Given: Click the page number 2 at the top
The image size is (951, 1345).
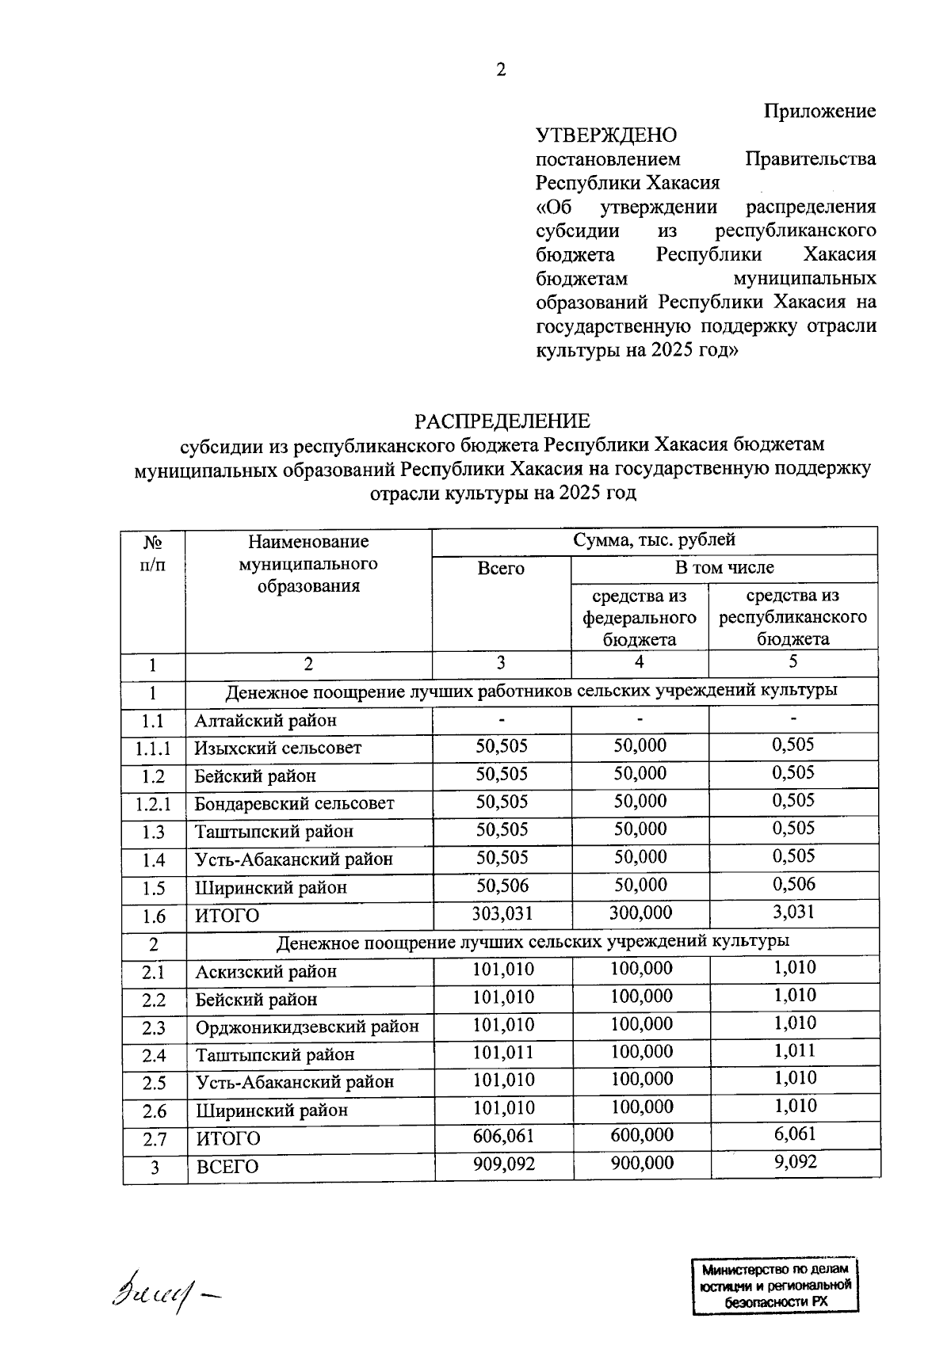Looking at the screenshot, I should coord(500,70).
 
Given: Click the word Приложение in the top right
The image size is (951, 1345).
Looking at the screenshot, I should coord(820,111).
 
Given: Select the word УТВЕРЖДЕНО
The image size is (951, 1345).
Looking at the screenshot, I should coord(606,135).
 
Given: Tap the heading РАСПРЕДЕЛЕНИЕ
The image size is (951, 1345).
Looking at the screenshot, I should coord(503,421).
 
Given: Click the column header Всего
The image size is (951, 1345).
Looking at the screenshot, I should coord(501,569).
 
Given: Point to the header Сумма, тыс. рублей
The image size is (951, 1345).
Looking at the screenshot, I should coord(654,540).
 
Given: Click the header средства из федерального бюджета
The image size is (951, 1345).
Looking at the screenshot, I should coord(640,617).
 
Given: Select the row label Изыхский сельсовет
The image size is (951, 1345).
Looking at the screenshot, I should coord(278,748).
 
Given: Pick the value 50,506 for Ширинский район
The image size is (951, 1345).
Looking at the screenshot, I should coord(502,886).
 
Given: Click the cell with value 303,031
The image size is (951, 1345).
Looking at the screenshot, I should coord(502,913).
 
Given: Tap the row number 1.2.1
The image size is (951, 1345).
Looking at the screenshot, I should coord(153,804).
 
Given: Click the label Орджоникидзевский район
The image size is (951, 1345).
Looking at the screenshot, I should coord(307,1027).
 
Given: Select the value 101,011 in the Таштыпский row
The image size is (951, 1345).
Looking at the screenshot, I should coord(503,1053).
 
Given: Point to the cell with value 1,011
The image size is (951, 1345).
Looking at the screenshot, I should coord(795,1051).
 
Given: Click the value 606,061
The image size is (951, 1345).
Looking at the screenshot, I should coord(503,1136).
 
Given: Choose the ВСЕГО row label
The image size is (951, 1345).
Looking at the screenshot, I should coord(227,1167).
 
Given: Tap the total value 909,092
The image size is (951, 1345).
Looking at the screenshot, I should coord(503,1164).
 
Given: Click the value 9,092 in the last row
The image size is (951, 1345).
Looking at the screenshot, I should coord(795,1162).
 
